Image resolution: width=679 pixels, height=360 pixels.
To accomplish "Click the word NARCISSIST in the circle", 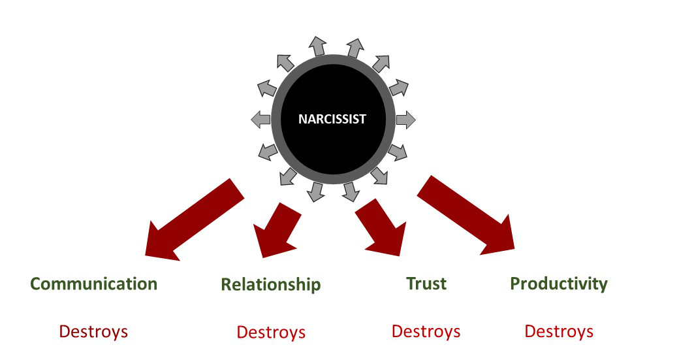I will pyautogui.click(x=332, y=120).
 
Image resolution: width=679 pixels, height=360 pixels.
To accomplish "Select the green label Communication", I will pyautogui.click(x=94, y=284).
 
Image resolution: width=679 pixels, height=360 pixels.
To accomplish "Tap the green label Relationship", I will pyautogui.click(x=270, y=285).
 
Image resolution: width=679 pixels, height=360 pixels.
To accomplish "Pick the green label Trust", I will pyautogui.click(x=426, y=283).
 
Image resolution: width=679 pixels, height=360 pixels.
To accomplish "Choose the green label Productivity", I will pyautogui.click(x=558, y=284).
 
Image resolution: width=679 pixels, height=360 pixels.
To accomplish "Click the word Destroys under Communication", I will pyautogui.click(x=93, y=331).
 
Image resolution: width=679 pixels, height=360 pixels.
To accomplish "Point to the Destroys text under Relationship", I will pyautogui.click(x=271, y=332).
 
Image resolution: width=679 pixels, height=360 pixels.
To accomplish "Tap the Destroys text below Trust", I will pyautogui.click(x=426, y=331).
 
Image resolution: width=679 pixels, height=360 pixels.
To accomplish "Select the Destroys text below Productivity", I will pyautogui.click(x=559, y=331).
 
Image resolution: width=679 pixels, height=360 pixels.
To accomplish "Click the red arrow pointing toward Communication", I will pyautogui.click(x=193, y=219).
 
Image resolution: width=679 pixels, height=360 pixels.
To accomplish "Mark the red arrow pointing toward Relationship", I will pyautogui.click(x=276, y=230).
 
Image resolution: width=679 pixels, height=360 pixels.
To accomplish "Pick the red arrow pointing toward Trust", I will pyautogui.click(x=381, y=227).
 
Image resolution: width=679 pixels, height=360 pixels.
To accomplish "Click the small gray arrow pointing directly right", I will pyautogui.click(x=405, y=120).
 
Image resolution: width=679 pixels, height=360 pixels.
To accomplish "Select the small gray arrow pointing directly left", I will pyautogui.click(x=261, y=120).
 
